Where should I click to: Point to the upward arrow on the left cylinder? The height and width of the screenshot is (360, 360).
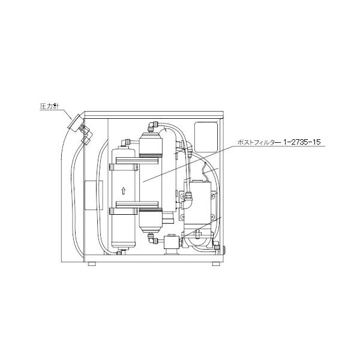(x=124, y=191)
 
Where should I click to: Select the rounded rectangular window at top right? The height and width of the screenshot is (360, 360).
(x=207, y=132)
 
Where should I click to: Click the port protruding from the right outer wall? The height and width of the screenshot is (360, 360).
(x=224, y=247)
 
